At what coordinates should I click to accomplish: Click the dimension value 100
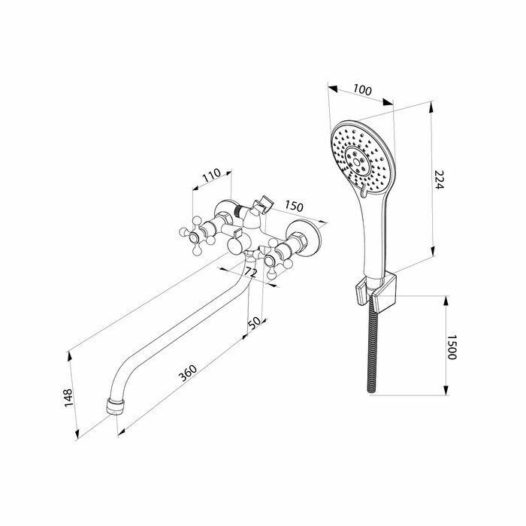coord(362,89)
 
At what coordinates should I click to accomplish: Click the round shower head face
coord(360,156)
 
